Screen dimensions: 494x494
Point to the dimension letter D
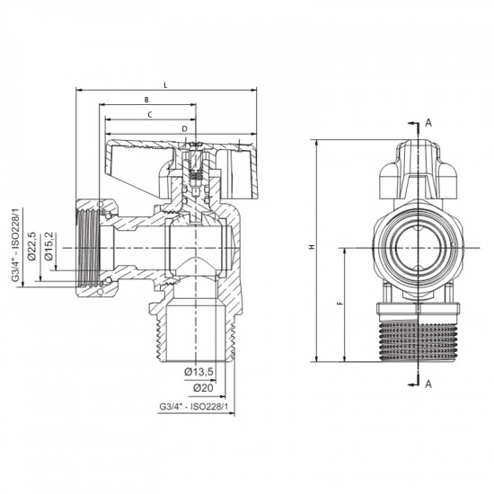click(x=184, y=128)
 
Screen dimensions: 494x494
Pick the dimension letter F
click(x=339, y=304)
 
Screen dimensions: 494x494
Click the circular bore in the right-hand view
click(x=415, y=243)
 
